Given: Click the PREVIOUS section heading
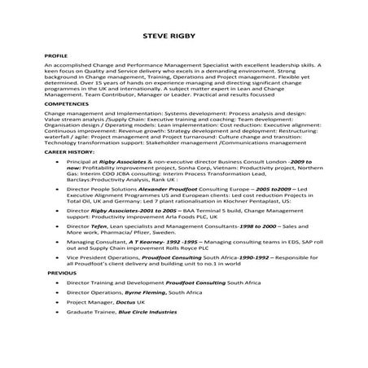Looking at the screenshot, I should pos(60,274).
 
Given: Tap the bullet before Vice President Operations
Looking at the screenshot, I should pos(54,256).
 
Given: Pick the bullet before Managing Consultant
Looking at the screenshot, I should pos(54,243).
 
